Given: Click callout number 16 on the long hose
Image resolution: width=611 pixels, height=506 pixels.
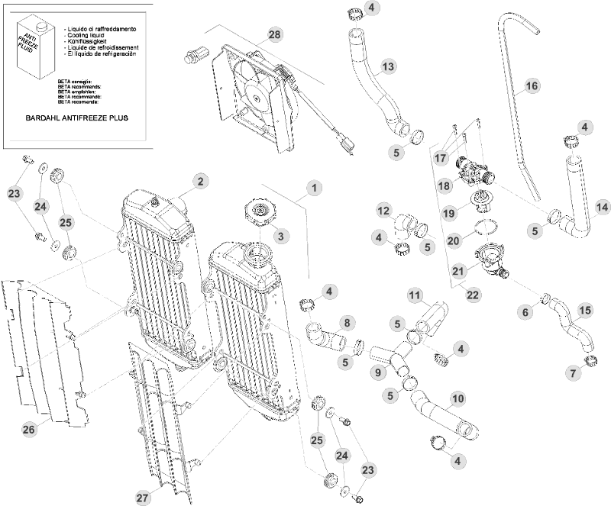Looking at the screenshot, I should coord(532,86).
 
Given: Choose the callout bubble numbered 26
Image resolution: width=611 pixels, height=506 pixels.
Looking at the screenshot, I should coord(29,430).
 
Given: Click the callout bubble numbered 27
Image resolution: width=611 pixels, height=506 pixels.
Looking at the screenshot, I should coord(143,498).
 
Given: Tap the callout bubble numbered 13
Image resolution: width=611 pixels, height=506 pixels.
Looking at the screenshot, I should coord(388,67).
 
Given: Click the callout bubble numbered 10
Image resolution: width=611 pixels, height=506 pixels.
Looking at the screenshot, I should coord(458,398).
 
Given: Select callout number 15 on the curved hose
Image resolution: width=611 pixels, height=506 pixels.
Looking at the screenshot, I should coord(584,311).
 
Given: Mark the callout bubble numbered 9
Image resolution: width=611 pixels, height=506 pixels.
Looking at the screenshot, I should coord(377,373).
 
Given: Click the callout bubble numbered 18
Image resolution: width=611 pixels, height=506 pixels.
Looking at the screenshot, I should coord(445,185).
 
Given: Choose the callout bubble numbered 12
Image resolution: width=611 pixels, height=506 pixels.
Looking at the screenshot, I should coord(384,210).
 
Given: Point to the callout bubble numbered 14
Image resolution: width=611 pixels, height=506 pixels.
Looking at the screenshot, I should coord(602,206).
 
